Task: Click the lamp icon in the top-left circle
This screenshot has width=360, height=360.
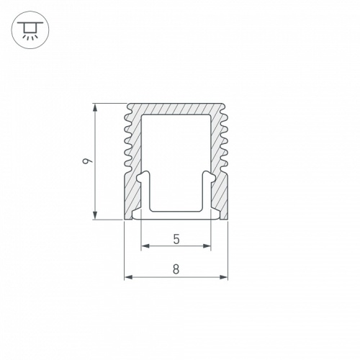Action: (x=30, y=30)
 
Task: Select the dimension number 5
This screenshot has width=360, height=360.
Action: (x=176, y=238)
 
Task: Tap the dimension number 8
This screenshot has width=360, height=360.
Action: (x=176, y=269)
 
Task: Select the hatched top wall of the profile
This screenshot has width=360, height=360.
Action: (x=176, y=108)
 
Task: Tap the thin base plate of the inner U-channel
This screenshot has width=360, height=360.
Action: (x=176, y=213)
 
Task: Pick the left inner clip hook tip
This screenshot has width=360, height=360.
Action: (x=142, y=176)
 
